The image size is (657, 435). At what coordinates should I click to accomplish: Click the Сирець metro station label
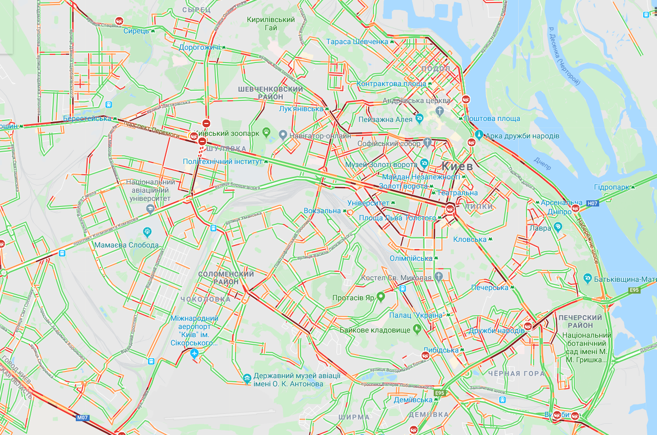coord(136,31)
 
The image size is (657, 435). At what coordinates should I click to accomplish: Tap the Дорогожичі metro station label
coord(199,47)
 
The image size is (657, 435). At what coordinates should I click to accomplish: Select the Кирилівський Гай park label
coord(271,24)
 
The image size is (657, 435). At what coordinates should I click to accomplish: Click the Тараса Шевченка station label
coord(357,42)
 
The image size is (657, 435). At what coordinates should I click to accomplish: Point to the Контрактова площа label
coord(391,84)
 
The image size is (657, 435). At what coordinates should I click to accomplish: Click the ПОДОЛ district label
coord(435,69)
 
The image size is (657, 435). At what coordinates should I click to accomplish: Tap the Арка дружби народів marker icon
coord(479,135)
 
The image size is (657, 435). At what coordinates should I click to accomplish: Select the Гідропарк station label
coord(611,187)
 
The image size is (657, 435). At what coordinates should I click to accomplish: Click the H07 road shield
coord(592,203)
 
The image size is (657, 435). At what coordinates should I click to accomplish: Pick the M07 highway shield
coord(83,418)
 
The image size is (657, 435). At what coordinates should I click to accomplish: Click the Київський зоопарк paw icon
coord(266,132)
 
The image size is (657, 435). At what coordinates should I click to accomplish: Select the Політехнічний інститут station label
coord(223,161)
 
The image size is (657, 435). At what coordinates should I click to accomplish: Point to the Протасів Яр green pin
coord(380,296)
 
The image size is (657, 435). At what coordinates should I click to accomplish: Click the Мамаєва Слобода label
coord(126,245)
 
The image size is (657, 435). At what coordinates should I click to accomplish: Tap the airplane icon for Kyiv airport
coord(194,354)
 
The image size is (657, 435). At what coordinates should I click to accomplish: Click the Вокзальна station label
coord(322,211)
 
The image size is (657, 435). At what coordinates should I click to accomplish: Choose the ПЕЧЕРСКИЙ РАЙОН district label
coord(580,321)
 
